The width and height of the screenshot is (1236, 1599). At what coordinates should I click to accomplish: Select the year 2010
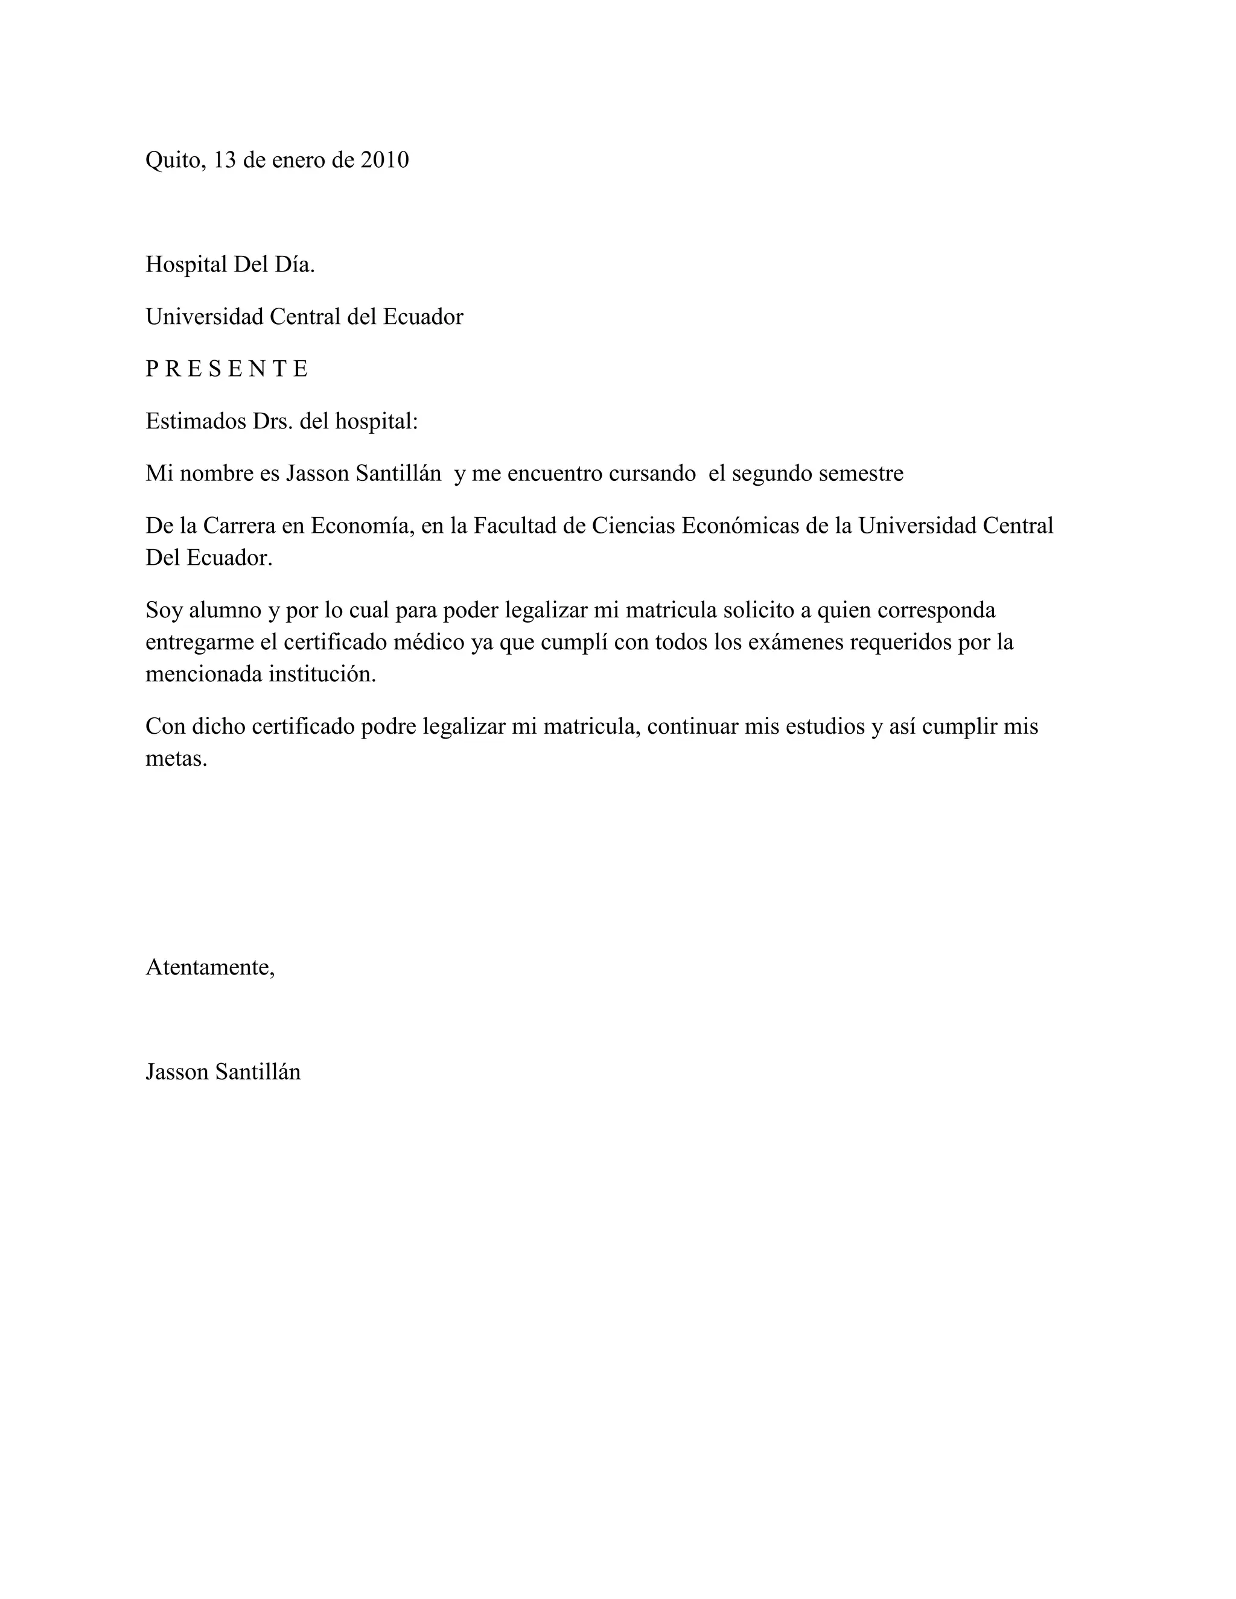point(384,160)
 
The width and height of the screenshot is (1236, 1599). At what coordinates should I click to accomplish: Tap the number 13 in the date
point(224,160)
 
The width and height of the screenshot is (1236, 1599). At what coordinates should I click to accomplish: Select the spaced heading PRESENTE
point(227,369)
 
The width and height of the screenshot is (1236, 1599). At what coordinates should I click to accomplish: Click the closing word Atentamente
point(210,967)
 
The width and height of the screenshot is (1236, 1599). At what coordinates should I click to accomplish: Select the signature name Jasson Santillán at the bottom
point(223,1072)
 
